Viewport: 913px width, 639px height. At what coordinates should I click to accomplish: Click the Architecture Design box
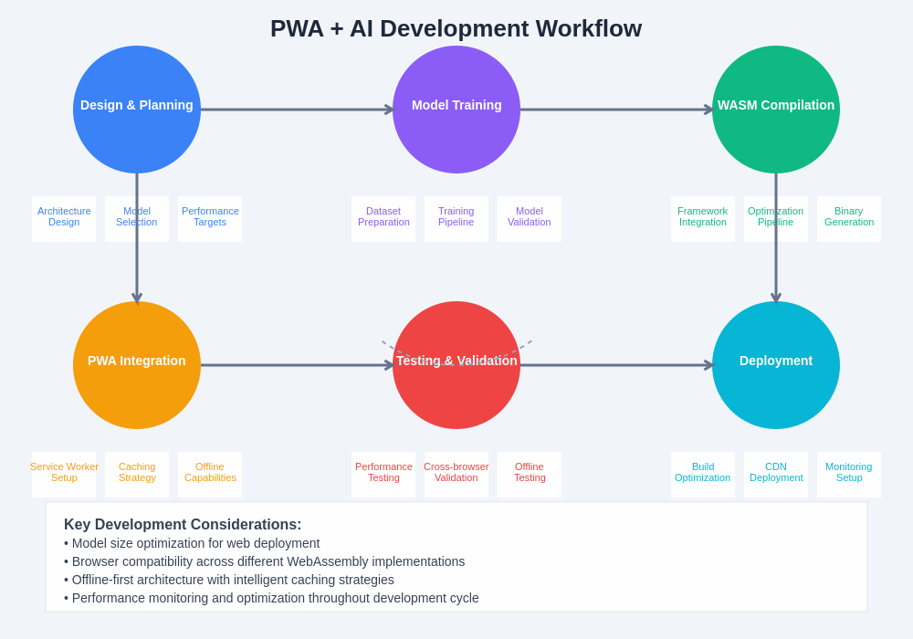pos(64,218)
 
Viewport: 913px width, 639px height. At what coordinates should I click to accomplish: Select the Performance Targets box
pos(210,218)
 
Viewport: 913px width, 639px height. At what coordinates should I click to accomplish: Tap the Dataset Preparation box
pos(383,218)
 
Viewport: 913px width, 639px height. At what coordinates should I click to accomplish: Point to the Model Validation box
pos(530,218)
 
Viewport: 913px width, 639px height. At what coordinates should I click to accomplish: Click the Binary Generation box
pos(849,218)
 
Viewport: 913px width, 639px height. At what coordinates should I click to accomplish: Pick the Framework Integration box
pos(703,218)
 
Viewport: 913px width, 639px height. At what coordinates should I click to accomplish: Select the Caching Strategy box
pos(137,474)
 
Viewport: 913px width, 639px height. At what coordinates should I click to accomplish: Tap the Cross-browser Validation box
pos(456,474)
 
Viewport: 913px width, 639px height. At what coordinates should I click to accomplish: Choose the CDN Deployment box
pos(776,474)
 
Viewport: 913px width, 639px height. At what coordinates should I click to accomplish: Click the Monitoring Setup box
pos(849,474)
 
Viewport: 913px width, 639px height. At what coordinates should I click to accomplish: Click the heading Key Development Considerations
pos(183,525)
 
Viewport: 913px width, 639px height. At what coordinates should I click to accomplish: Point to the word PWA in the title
pos(297,28)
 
